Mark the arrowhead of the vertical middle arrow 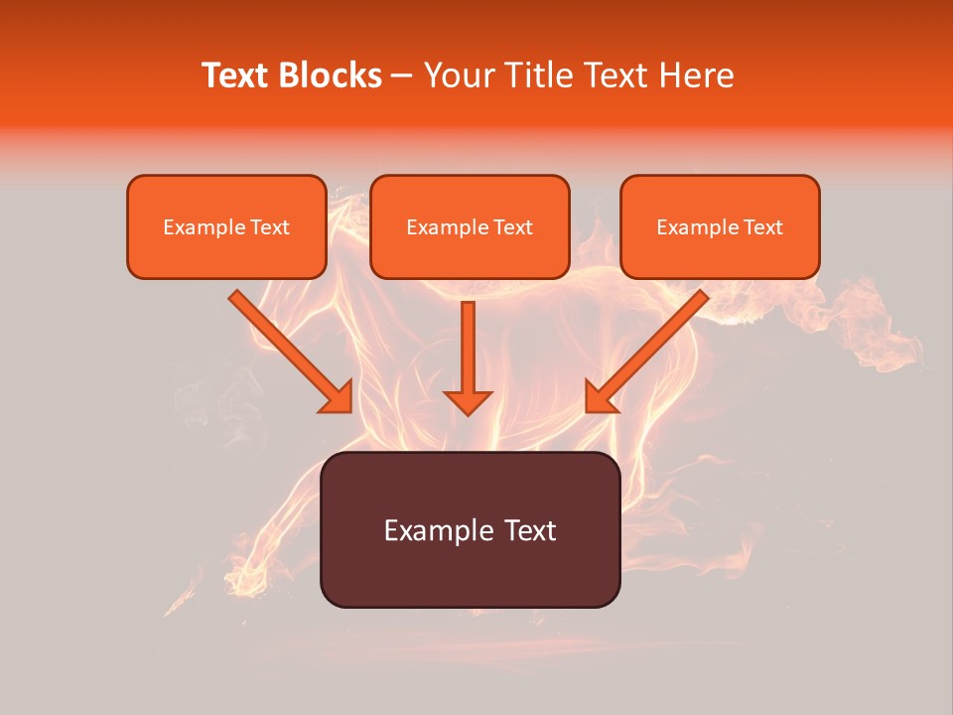[468, 401]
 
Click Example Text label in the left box [226, 227]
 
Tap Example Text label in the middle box [470, 227]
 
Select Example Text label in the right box [720, 227]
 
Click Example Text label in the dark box [470, 530]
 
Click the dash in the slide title [402, 75]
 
